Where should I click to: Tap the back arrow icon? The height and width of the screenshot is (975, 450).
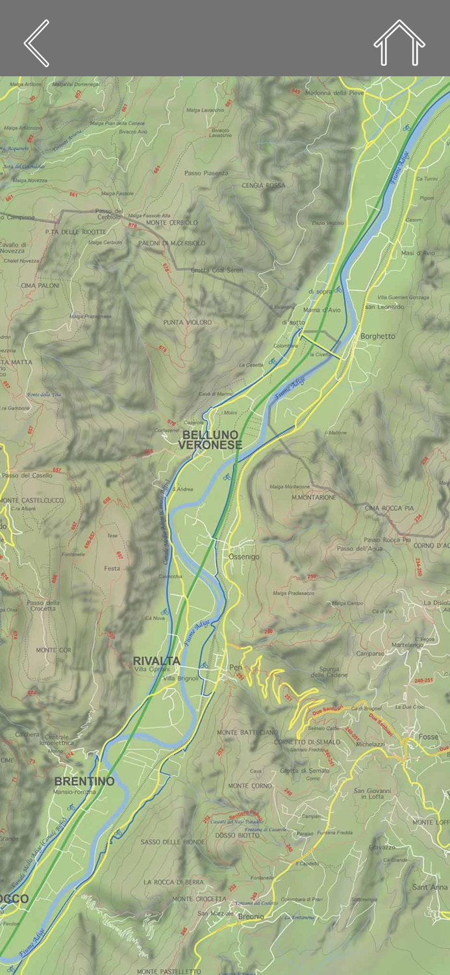37,43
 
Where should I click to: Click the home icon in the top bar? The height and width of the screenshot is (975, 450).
399,43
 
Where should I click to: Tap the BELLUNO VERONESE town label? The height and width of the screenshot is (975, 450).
210,440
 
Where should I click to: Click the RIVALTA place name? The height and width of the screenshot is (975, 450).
156,661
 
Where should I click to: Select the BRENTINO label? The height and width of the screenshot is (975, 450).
84,781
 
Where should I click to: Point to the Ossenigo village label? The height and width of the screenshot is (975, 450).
244,557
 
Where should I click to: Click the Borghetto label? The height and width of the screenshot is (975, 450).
377,336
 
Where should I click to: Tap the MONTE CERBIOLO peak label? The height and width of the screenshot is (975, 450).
172,223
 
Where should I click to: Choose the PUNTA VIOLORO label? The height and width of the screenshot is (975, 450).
187,322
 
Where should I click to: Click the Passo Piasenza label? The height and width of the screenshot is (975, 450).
206,174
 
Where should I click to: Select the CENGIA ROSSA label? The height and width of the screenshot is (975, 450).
263,185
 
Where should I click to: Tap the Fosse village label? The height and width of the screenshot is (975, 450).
429,737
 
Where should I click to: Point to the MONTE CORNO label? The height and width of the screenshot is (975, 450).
250,786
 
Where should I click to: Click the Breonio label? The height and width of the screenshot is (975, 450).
251,916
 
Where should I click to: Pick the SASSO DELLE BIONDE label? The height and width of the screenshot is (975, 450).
173,842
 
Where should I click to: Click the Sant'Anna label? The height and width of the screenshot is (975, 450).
430,887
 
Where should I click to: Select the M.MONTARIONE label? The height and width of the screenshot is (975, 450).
314,497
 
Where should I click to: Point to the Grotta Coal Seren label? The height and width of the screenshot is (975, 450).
217,270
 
